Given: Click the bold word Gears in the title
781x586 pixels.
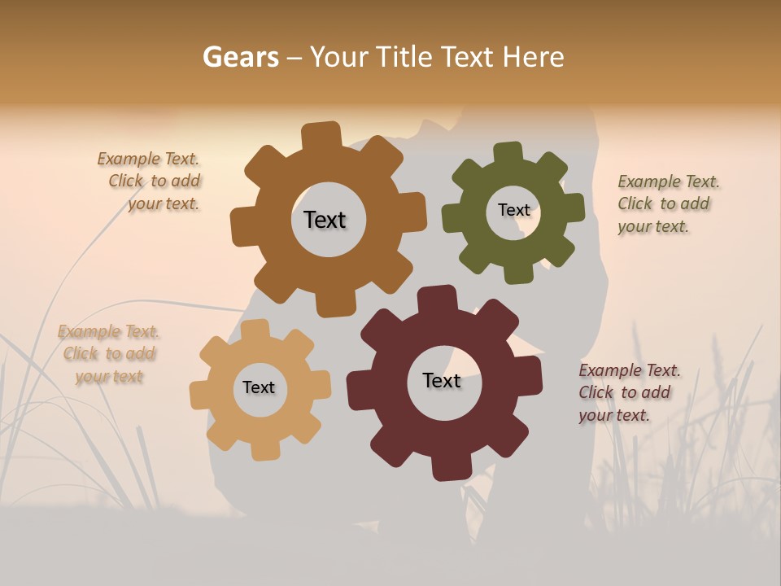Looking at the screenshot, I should pyautogui.click(x=240, y=57).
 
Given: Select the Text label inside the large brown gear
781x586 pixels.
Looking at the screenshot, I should pyautogui.click(x=325, y=220).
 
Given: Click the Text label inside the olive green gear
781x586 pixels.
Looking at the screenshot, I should pyautogui.click(x=513, y=210).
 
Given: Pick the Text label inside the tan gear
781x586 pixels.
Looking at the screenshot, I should pyautogui.click(x=259, y=387).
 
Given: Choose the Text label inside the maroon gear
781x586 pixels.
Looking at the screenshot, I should pyautogui.click(x=442, y=380).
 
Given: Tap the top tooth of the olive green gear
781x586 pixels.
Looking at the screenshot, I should pyautogui.click(x=508, y=153).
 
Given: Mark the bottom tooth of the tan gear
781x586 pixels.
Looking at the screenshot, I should pyautogui.click(x=264, y=448).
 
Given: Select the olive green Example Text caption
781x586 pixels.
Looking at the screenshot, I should pyautogui.click(x=667, y=204).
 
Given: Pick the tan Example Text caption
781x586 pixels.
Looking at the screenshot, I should pyautogui.click(x=109, y=354).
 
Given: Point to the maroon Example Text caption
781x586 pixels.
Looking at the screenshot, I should pyautogui.click(x=628, y=393).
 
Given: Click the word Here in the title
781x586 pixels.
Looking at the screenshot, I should pyautogui.click(x=534, y=57).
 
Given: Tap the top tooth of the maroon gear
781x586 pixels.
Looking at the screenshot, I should pyautogui.click(x=435, y=298).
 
